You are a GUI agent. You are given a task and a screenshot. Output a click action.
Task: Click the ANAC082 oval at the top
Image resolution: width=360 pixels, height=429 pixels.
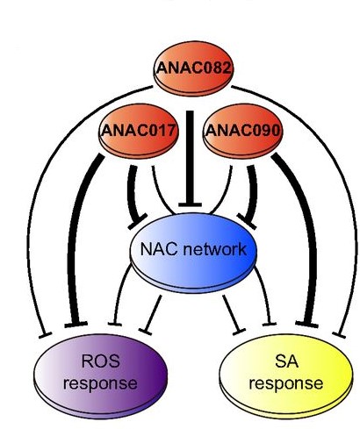point(194,68)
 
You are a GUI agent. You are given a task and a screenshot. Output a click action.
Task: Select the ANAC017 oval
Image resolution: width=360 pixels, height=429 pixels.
point(139,131)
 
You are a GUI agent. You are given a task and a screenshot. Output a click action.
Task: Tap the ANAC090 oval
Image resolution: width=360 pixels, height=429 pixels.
point(242,131)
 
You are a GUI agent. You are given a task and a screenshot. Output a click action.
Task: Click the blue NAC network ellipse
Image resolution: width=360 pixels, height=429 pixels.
point(193,252)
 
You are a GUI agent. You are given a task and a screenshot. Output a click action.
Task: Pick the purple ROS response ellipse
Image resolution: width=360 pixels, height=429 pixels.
point(101,376)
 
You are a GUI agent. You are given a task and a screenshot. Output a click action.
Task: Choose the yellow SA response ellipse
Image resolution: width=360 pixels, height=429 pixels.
point(286,376)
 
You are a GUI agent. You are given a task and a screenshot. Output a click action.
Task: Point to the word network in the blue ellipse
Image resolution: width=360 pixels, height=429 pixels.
point(213,249)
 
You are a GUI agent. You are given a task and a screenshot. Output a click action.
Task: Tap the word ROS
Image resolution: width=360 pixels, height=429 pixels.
point(100,361)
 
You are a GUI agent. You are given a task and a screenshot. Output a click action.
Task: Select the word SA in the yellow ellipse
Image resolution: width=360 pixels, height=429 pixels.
point(286,361)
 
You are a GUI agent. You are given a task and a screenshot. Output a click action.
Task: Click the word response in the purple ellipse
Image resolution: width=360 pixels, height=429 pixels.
point(100,383)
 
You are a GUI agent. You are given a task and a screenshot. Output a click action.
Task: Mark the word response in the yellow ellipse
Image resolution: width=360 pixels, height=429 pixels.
point(286,383)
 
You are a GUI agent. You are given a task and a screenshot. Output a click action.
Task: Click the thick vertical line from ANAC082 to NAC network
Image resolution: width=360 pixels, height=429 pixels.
point(191,158)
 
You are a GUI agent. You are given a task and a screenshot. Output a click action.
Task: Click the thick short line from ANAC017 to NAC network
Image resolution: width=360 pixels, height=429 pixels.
point(133,195)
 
